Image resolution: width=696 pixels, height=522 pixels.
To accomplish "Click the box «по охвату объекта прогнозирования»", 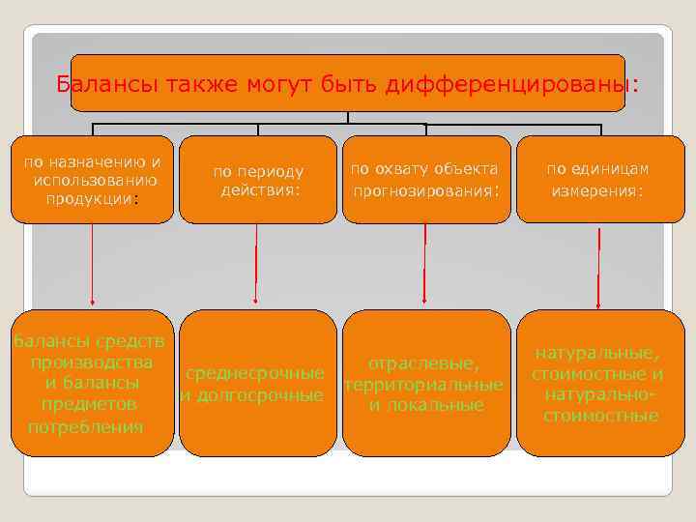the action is (425, 180).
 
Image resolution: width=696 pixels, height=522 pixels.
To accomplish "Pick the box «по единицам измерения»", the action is (597, 180).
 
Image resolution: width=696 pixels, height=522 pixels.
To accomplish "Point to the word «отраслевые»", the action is (422, 363).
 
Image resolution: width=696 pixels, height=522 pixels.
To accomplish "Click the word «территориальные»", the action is (422, 385).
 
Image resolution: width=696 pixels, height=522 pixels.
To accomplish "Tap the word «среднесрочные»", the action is (254, 373).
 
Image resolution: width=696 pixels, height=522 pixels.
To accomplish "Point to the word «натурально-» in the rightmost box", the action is (599, 395).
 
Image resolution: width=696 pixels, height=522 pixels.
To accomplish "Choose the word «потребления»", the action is (86, 425).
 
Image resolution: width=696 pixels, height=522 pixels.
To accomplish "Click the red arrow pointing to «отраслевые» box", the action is (424, 266).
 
